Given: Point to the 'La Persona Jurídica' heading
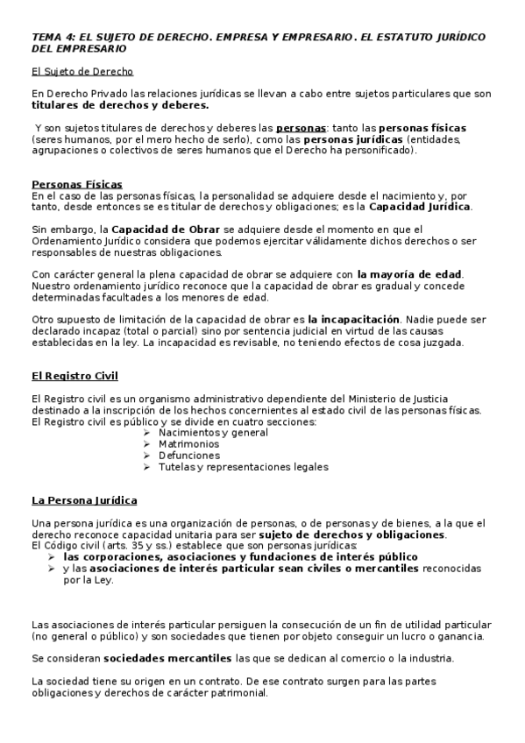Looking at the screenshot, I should point(84,500).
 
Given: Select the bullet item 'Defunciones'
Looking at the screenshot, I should point(188,456).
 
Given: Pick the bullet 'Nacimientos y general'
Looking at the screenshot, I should point(213,433).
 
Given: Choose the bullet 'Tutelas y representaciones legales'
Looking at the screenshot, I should point(243,467).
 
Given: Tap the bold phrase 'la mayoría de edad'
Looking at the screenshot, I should point(409,275).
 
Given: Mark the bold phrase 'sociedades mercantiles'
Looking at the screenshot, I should point(167,657).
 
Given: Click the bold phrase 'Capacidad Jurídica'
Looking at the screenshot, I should point(419,207).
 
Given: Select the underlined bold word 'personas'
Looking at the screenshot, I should point(297,128).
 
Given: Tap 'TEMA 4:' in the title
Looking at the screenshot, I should point(53,39).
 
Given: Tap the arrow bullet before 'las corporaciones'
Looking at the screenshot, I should point(53,556).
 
